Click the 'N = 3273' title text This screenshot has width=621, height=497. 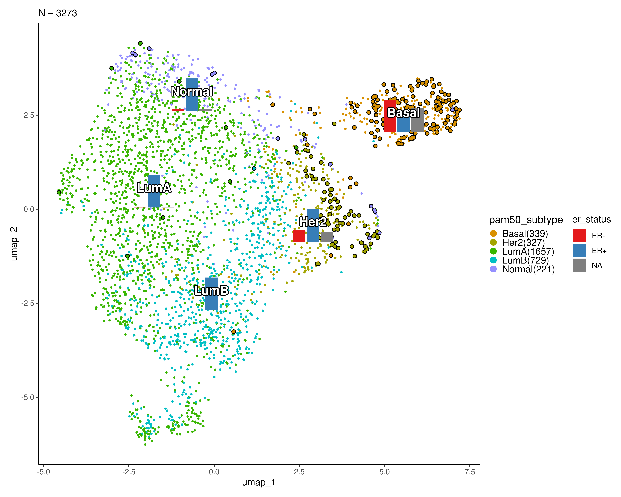click(58, 13)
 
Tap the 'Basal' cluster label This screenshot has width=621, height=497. click(404, 113)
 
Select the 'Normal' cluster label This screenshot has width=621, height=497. click(192, 92)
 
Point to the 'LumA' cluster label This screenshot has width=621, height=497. click(154, 188)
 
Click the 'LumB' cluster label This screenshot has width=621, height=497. click(211, 291)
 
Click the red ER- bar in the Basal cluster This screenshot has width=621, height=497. click(390, 116)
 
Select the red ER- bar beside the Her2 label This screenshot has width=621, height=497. click(299, 236)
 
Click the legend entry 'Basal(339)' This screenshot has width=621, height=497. click(525, 233)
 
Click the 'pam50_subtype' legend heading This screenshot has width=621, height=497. click(526, 220)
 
